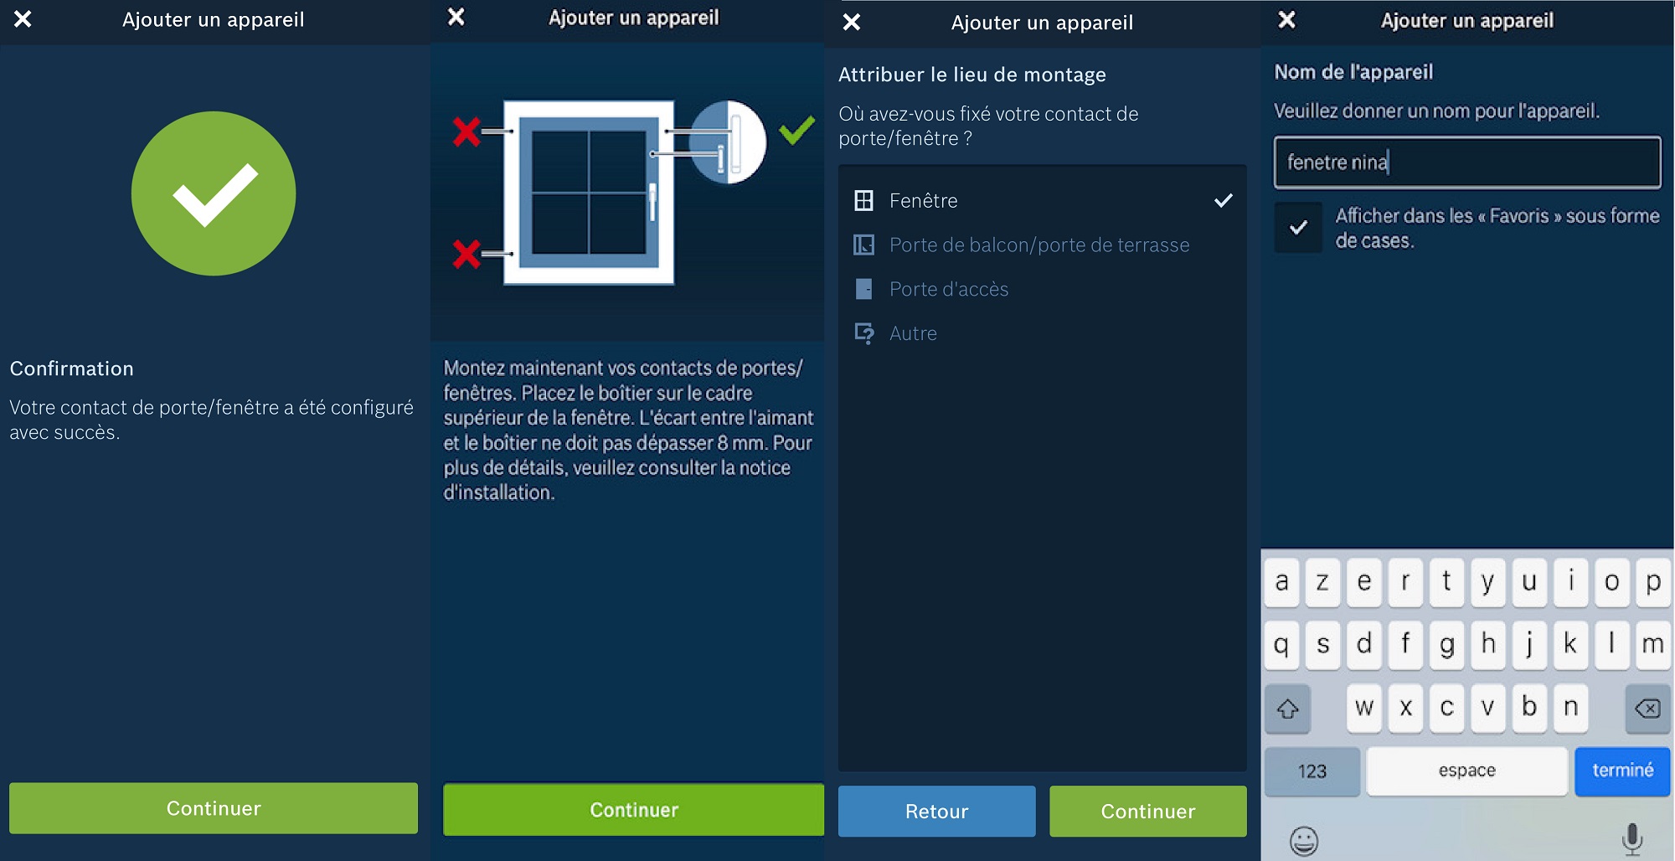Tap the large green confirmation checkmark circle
point(214,193)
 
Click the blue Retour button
point(936,811)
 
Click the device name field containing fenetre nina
point(1467,162)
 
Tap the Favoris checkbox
point(1298,227)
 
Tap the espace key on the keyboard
point(1466,771)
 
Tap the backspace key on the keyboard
point(1647,709)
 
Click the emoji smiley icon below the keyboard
point(1304,840)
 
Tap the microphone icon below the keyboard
point(1631,839)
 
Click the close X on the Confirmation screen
point(23,18)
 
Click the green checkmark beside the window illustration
point(796,130)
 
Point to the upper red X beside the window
point(466,131)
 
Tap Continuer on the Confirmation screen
point(214,808)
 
